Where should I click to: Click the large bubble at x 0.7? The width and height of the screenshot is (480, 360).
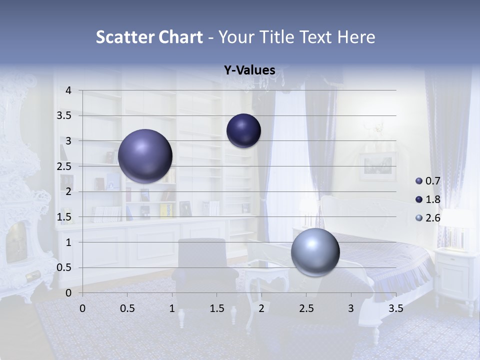[x=145, y=156]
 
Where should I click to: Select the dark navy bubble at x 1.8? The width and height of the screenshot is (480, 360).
[x=243, y=130]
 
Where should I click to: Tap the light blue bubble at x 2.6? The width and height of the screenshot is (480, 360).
[x=315, y=252]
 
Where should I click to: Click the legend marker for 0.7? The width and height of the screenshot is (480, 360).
[x=419, y=181]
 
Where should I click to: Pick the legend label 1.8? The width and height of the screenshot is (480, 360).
[x=432, y=199]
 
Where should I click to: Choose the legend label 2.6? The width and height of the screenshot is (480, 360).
[x=432, y=218]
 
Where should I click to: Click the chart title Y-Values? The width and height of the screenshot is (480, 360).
[x=249, y=70]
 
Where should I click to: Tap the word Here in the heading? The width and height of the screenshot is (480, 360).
[x=355, y=37]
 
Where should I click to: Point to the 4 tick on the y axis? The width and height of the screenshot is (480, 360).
[x=68, y=90]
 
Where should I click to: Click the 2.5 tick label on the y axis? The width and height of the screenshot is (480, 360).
[x=64, y=166]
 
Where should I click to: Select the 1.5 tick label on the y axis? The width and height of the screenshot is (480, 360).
[x=64, y=217]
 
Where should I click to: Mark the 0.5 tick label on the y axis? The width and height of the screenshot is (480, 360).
[x=64, y=267]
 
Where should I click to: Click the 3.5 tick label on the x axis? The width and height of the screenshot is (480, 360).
[x=395, y=308]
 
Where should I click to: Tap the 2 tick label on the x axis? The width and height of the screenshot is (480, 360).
[x=261, y=308]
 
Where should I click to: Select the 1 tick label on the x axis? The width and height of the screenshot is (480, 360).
[x=172, y=308]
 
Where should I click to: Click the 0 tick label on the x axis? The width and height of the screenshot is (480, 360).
[x=82, y=308]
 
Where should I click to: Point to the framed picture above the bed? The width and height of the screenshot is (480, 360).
[x=377, y=166]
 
